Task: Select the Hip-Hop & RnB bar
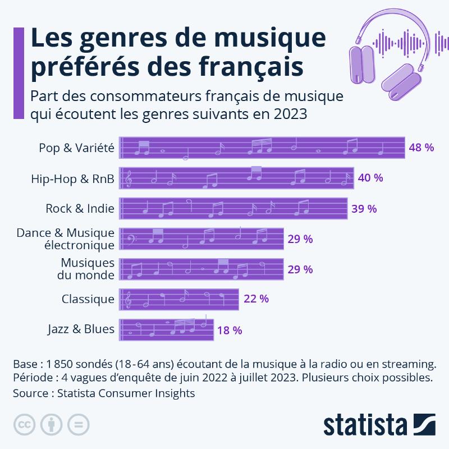pyautogui.click(x=237, y=178)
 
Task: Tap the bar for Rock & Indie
pyautogui.click(x=234, y=209)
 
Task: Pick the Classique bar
pyautogui.click(x=180, y=299)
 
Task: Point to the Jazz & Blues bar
pyautogui.click(x=167, y=329)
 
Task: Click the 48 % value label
pyautogui.click(x=421, y=148)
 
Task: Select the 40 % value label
pyautogui.click(x=370, y=178)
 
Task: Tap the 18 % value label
pyautogui.click(x=230, y=330)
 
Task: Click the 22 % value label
pyautogui.click(x=256, y=299)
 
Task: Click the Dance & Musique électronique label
pyautogui.click(x=66, y=239)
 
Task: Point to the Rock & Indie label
pyautogui.click(x=80, y=209)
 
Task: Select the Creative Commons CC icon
pyautogui.click(x=23, y=424)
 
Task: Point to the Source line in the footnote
pyautogui.click(x=104, y=393)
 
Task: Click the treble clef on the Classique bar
pyautogui.click(x=129, y=299)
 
